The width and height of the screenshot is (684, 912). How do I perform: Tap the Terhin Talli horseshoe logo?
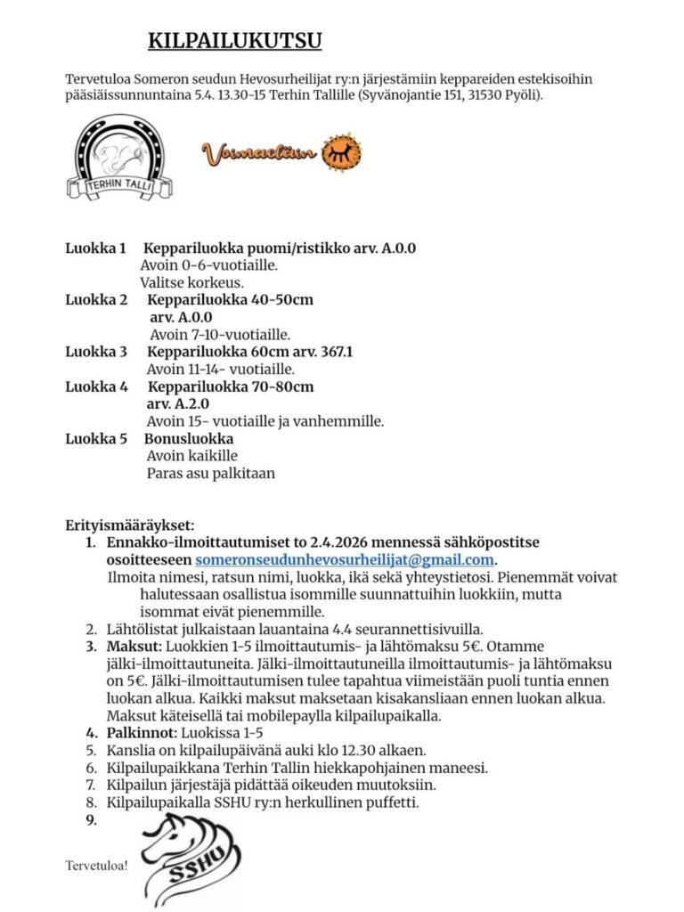click(120, 157)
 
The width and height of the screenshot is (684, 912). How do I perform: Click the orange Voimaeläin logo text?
click(259, 154)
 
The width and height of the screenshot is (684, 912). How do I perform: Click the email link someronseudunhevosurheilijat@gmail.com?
click(345, 559)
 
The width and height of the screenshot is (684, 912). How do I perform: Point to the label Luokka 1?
click(97, 248)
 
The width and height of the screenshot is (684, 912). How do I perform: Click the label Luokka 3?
click(97, 352)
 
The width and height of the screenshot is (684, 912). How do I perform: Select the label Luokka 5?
click(97, 439)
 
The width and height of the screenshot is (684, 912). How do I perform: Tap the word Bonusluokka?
click(189, 439)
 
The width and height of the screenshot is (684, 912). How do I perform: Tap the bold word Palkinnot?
click(142, 733)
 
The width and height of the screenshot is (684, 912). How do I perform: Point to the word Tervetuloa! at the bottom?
click(97, 865)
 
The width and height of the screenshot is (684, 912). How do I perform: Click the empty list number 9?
click(91, 819)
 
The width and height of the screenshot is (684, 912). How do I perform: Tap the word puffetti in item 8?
click(390, 802)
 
